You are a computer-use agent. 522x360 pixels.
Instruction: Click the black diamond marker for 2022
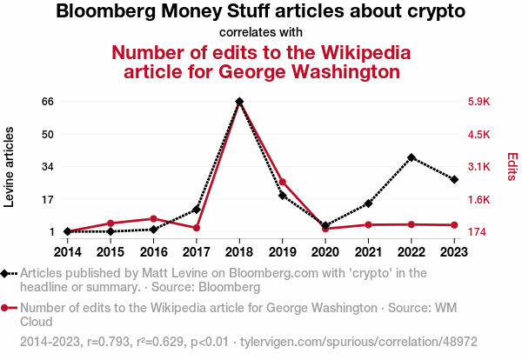pos(411,157)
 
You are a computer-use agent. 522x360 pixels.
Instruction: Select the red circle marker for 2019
pos(282,182)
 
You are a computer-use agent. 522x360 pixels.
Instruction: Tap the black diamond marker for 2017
pos(197,210)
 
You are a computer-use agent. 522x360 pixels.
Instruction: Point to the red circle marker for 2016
pos(153,218)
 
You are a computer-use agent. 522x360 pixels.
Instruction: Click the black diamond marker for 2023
pos(454,179)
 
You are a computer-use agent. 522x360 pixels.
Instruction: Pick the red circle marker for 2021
pos(368,224)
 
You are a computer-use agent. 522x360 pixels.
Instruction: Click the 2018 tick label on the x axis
pos(239,252)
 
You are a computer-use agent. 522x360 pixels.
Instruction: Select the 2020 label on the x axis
pos(325,252)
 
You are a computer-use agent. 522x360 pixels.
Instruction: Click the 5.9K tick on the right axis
pos(479,102)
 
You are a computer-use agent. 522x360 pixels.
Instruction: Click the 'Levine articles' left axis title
pos(10,167)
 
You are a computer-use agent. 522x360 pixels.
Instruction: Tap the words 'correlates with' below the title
pos(261,32)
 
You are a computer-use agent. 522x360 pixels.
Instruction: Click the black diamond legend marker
pos(8,273)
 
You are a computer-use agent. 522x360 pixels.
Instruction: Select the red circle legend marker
pos(8,308)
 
